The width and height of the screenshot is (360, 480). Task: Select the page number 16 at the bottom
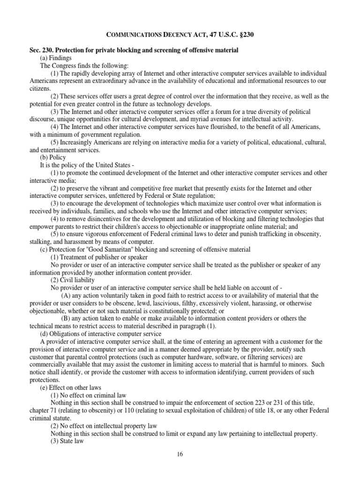coord(180,454)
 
